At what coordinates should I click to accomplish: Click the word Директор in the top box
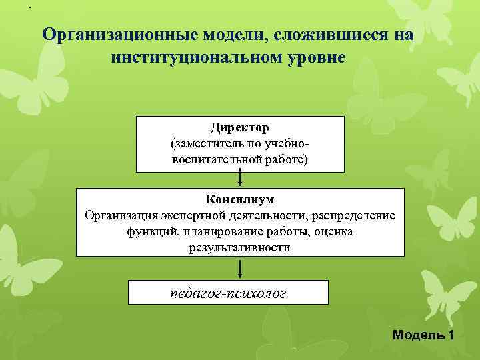point(240,127)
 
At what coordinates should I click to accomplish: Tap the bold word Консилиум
point(240,199)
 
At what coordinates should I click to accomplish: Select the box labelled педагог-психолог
point(229,292)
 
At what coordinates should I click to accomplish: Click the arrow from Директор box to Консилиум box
point(240,179)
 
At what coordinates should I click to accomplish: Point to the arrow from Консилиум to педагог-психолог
point(240,268)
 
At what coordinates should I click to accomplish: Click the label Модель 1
point(423,334)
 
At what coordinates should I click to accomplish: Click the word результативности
point(240,247)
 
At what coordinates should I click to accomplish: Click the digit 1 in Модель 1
point(451,334)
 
